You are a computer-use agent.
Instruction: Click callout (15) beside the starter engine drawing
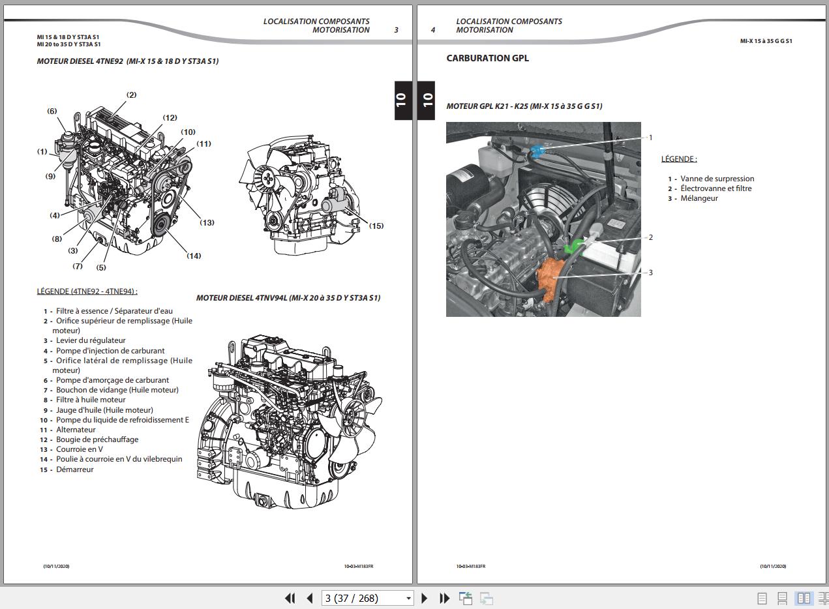point(376,226)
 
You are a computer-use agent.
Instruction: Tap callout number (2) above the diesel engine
point(131,95)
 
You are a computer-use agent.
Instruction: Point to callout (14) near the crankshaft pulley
point(194,256)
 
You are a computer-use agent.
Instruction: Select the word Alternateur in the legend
point(76,430)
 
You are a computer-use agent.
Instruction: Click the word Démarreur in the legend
point(75,469)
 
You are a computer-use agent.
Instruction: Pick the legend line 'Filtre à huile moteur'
point(91,400)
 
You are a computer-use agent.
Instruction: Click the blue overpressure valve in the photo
point(537,151)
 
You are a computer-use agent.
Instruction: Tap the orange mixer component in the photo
point(550,279)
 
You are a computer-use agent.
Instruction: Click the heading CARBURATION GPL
point(487,58)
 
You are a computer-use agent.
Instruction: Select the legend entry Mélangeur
point(699,198)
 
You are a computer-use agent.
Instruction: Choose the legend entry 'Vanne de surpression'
point(717,179)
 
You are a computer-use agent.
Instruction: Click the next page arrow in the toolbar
point(424,598)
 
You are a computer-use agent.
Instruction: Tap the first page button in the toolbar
point(290,598)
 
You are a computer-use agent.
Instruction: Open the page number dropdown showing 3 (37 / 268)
point(367,598)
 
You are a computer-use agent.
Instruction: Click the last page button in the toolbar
point(444,598)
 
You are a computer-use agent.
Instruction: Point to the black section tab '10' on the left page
point(403,100)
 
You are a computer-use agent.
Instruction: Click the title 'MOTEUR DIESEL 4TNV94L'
point(241,298)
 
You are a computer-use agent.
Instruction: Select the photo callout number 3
point(651,273)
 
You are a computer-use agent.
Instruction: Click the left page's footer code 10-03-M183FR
point(359,566)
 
